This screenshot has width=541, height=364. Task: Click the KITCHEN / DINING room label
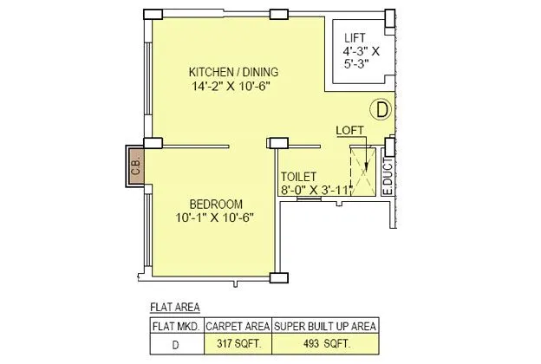click(x=234, y=71)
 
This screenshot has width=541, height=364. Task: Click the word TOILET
click(x=297, y=175)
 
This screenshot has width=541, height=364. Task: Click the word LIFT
click(x=355, y=38)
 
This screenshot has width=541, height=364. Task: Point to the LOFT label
click(x=350, y=130)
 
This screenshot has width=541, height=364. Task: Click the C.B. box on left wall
click(x=136, y=165)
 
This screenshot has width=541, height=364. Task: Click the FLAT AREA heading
click(x=174, y=308)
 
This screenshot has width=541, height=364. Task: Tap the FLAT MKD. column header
click(x=177, y=326)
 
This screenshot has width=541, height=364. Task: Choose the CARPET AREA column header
click(x=238, y=326)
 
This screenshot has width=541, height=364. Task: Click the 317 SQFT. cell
click(x=238, y=343)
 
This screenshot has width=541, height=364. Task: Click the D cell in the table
click(x=177, y=343)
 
